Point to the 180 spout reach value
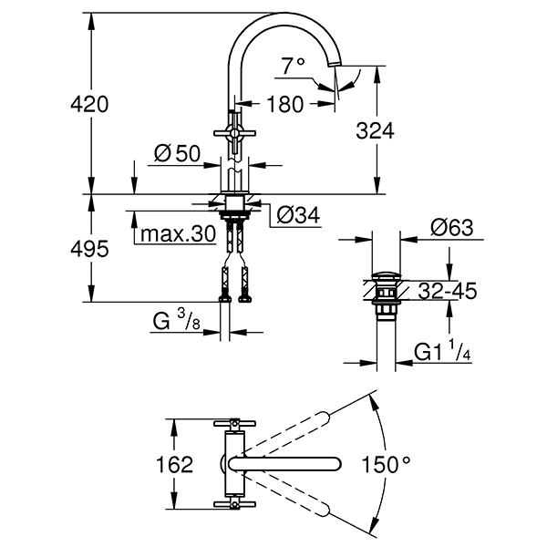(284, 104)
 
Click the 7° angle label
(292, 66)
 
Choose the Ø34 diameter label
(294, 215)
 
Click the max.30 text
(177, 233)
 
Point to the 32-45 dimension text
(449, 293)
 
